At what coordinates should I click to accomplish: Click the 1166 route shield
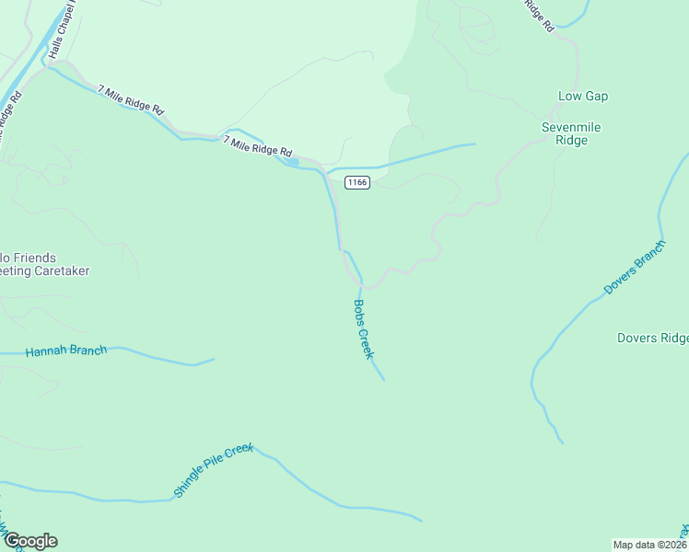(357, 182)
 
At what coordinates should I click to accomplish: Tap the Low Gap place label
(582, 97)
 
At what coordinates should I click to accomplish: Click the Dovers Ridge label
(652, 338)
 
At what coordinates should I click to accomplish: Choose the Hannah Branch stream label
(66, 351)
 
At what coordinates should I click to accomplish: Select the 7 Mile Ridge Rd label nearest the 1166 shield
(258, 144)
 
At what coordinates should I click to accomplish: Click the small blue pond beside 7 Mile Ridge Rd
(292, 163)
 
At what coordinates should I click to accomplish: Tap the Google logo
(29, 541)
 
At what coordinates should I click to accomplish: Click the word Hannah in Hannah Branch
(44, 351)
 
